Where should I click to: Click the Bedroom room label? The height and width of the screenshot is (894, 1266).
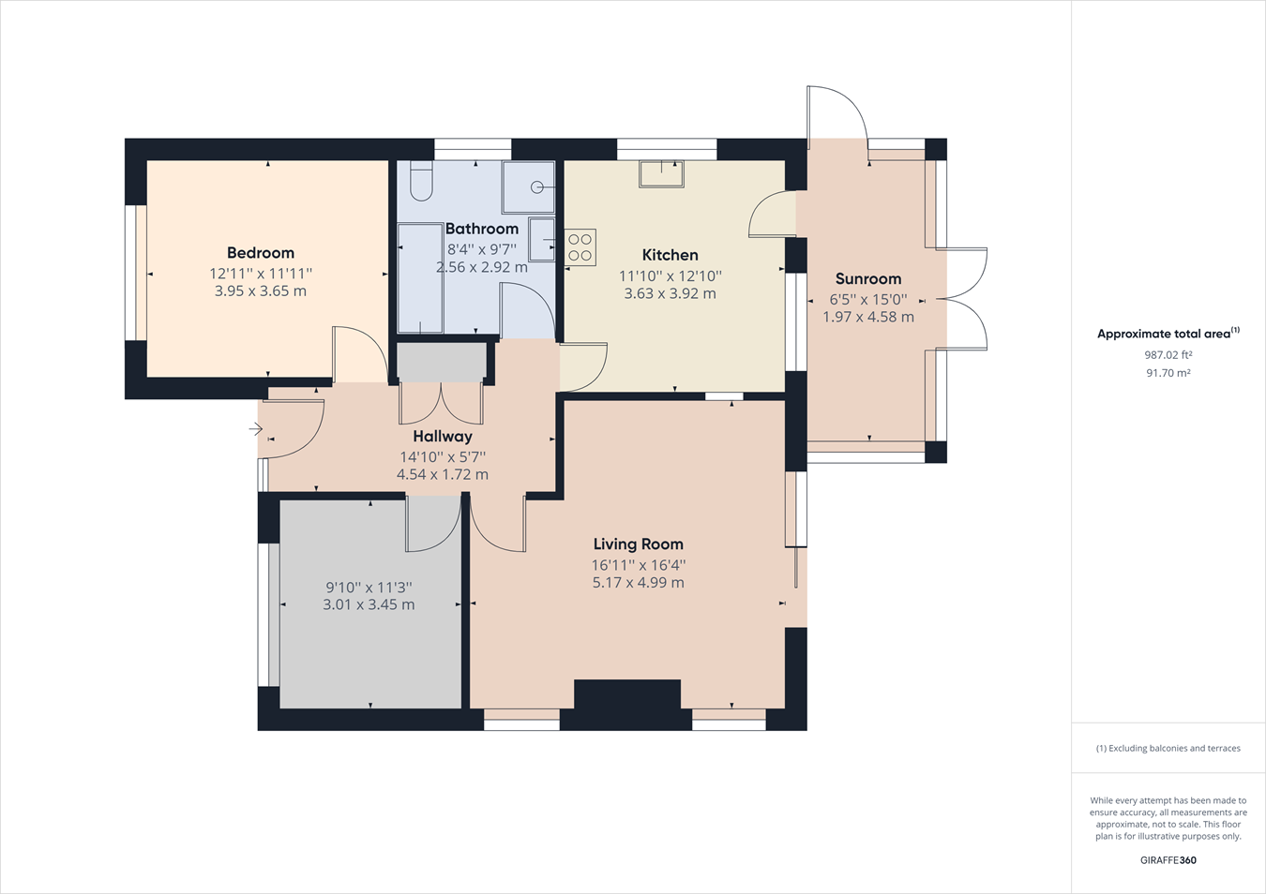tap(261, 253)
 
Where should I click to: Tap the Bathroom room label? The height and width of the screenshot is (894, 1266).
tap(482, 229)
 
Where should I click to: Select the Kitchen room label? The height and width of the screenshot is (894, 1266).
tap(670, 255)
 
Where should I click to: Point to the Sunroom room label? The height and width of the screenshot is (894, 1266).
tap(868, 279)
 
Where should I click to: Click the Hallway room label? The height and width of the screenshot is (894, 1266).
tap(443, 437)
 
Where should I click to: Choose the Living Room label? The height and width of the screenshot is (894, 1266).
tap(638, 544)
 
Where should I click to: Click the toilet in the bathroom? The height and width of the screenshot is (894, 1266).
tap(421, 181)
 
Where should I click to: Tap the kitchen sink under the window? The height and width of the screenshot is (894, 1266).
tap(661, 173)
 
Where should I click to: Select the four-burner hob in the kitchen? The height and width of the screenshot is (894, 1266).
tap(580, 247)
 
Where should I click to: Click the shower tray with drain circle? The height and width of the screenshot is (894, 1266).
tap(529, 187)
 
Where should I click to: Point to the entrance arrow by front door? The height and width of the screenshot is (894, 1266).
tap(255, 429)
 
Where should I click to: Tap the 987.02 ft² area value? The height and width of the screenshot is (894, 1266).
tap(1168, 355)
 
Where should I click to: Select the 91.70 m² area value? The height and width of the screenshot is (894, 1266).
tap(1168, 373)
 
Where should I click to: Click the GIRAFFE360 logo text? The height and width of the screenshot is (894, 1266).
tap(1168, 860)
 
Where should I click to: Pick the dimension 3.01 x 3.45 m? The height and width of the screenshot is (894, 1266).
tap(369, 605)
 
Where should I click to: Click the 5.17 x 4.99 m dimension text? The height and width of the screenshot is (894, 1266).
tap(638, 583)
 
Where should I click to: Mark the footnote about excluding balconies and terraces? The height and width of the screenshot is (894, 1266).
tap(1168, 749)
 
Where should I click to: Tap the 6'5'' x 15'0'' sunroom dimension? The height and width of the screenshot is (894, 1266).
tap(868, 300)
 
